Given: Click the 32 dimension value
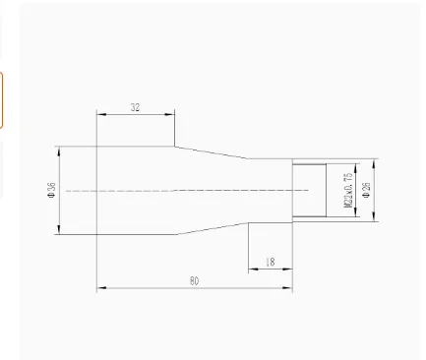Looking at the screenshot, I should tap(135, 108).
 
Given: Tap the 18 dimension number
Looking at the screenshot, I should tap(269, 262).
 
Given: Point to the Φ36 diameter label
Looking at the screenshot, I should tap(51, 190).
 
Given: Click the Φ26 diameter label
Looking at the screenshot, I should tap(366, 190).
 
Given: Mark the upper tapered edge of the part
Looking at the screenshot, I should tap(212, 152).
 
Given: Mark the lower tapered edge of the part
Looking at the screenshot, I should tap(212, 228).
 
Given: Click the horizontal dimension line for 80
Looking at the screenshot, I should tap(148, 289).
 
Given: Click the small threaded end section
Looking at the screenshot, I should tap(310, 190).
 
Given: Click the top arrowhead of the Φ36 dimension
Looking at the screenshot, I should tap(61, 150).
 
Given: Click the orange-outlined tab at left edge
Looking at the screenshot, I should tap(2, 99).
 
